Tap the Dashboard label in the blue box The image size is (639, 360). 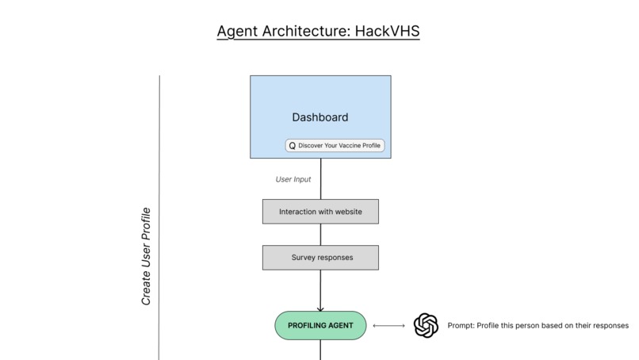click(x=319, y=117)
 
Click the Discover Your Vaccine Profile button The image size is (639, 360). click(x=335, y=146)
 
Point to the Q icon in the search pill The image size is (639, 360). click(x=292, y=146)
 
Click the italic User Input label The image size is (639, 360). click(x=293, y=179)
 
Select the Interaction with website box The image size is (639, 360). click(x=320, y=212)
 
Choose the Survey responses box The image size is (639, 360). click(x=320, y=258)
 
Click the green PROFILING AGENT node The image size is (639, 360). click(x=320, y=325)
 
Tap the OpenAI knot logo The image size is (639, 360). click(x=426, y=325)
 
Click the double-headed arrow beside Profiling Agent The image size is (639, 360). click(x=388, y=325)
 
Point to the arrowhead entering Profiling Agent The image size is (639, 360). click(x=320, y=308)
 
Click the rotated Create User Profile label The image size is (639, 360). click(x=146, y=256)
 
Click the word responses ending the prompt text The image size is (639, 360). click(x=609, y=325)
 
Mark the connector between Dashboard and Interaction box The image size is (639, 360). click(x=320, y=178)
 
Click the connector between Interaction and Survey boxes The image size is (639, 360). click(x=320, y=235)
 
